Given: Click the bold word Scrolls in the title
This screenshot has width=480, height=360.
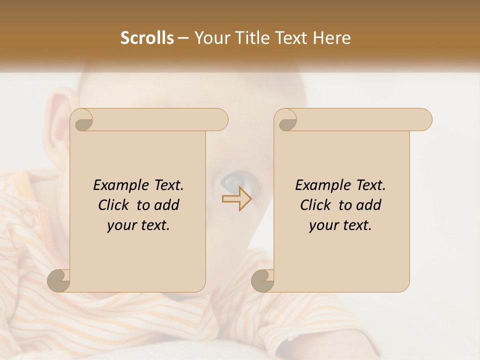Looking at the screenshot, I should tap(147, 38).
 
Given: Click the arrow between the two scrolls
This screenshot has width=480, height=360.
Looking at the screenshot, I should tap(236, 198).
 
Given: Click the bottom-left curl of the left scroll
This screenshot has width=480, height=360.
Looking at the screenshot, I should tap(59, 281).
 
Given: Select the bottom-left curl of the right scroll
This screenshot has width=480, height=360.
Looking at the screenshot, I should tap(263, 281).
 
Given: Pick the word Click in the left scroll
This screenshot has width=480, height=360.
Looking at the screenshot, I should tap(113, 205).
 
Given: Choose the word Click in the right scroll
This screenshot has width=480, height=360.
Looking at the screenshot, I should tap(315, 205).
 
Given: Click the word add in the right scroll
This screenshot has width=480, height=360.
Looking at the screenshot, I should tap(370, 205).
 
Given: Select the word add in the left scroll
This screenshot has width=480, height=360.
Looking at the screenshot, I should tap(168, 205).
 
